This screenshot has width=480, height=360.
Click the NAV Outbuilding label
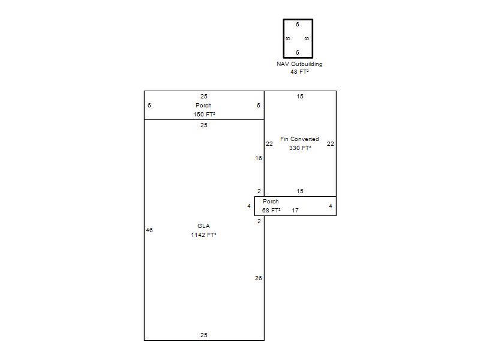(x=299, y=64)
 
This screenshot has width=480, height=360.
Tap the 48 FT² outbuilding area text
(x=299, y=72)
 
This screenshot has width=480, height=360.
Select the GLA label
(x=203, y=226)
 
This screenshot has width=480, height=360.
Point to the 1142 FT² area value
(x=203, y=235)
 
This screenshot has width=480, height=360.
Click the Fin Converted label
(x=299, y=139)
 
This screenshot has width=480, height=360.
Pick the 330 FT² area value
(x=300, y=148)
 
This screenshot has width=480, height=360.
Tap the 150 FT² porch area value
(x=204, y=115)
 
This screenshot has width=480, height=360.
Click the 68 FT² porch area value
(x=271, y=211)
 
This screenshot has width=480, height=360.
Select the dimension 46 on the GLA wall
(x=149, y=230)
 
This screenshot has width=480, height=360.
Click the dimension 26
(x=259, y=278)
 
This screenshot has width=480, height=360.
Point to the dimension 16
(x=259, y=158)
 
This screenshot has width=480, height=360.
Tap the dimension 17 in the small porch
(x=295, y=211)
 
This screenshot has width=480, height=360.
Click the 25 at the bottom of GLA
(x=204, y=335)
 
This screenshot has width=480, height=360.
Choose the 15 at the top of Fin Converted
(x=300, y=97)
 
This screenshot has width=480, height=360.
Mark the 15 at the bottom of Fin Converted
(x=300, y=191)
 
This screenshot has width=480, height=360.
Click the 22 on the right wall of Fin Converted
(x=331, y=144)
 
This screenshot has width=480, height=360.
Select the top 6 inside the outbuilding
(x=297, y=25)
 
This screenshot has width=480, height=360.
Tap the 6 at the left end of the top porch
(x=149, y=106)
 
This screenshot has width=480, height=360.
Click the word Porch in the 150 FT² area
(x=203, y=106)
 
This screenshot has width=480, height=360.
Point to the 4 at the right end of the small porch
(x=331, y=206)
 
